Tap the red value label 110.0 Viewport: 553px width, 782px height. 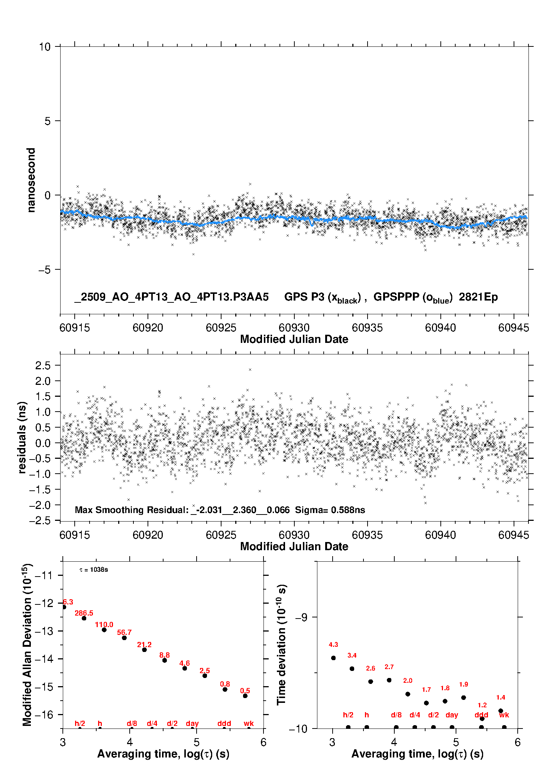[104, 624]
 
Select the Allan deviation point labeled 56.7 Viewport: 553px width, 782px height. [124, 638]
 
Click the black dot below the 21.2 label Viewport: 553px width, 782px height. [144, 650]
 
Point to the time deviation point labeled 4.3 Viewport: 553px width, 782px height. [333, 658]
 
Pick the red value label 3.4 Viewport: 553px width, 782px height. [352, 655]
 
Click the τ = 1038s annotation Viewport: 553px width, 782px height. [94, 570]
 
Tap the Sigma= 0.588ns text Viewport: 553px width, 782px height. [330, 510]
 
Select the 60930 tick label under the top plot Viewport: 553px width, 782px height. [294, 328]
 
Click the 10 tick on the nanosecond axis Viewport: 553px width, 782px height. [45, 47]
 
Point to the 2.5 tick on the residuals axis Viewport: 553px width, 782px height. [43, 366]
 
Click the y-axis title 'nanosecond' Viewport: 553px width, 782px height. [31, 180]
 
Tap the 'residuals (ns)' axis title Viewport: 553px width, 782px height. [22, 437]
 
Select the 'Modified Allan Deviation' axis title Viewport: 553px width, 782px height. [28, 645]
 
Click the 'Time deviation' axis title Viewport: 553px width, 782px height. [282, 645]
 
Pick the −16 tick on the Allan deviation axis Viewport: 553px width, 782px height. [43, 714]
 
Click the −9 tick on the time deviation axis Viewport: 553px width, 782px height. [301, 617]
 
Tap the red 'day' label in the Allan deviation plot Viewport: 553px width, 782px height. [192, 723]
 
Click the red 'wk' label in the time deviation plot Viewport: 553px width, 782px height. [504, 715]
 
